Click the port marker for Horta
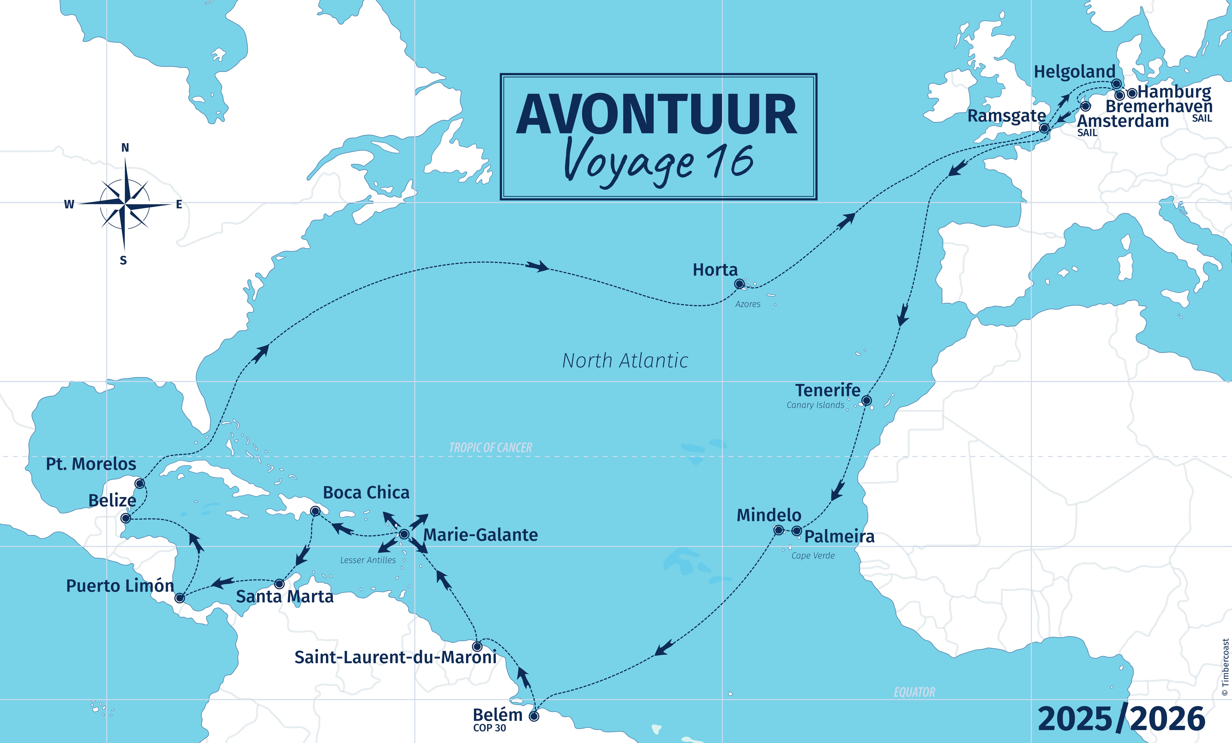(x=739, y=284)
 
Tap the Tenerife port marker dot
(x=867, y=400)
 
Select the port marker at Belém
(x=534, y=716)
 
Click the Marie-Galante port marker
(x=404, y=535)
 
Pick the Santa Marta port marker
(x=279, y=584)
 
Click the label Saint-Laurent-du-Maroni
(x=395, y=657)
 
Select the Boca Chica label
(x=366, y=493)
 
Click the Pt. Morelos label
(x=91, y=464)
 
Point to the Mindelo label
(x=769, y=515)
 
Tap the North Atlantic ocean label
(x=625, y=361)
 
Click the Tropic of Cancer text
(x=491, y=448)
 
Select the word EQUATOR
(x=914, y=692)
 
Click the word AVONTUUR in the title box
(x=656, y=115)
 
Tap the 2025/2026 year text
(x=1121, y=719)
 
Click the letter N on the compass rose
(x=125, y=148)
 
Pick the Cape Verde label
(x=813, y=555)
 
